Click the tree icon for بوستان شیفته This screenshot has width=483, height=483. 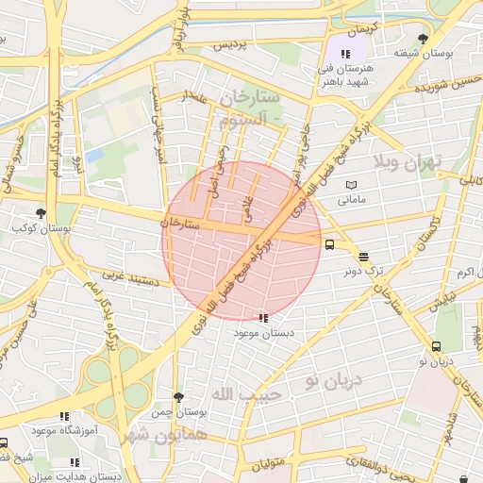422,39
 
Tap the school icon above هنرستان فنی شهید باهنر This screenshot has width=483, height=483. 345,54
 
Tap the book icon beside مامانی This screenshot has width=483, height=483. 352,185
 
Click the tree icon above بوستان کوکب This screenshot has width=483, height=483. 40,213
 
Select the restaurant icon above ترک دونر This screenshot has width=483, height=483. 363,256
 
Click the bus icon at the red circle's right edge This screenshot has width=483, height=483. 329,244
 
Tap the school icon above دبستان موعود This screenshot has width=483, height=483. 263,318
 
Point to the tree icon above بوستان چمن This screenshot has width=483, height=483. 178,397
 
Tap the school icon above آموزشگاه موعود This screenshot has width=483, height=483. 64,415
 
